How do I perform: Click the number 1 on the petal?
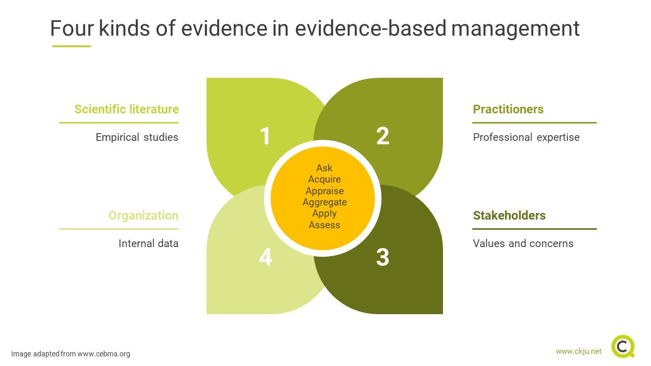(265, 136)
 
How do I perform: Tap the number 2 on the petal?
(382, 136)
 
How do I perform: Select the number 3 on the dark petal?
(382, 257)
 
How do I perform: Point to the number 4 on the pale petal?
(265, 257)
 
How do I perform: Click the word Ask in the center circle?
(324, 168)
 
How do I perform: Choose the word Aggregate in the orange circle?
(324, 202)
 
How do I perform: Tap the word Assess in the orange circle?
(324, 225)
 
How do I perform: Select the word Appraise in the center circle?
(324, 191)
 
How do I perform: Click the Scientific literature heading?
(127, 109)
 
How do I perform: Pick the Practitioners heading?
(508, 109)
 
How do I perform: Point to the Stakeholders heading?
(509, 216)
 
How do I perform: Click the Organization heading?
(143, 216)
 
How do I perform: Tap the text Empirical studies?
(137, 137)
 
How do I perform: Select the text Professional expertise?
(526, 137)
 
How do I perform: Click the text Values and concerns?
(523, 243)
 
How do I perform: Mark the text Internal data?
(149, 243)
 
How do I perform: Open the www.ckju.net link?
(578, 351)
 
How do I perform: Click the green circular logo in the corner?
(623, 347)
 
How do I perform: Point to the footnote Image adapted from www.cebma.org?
(71, 354)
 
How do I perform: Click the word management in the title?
(515, 28)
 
